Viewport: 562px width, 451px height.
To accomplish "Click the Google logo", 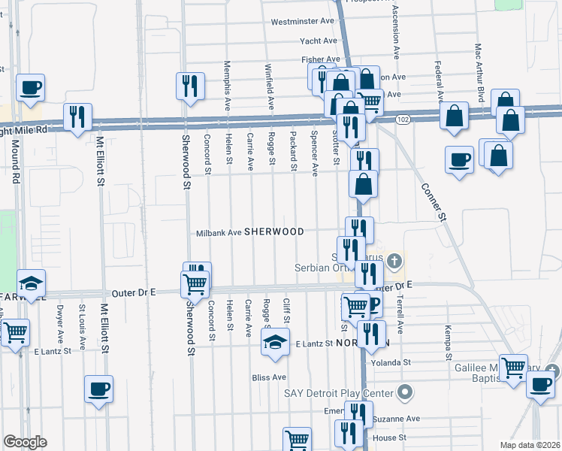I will (x=25, y=442).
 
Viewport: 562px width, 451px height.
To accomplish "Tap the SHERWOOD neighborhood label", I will (x=273, y=232).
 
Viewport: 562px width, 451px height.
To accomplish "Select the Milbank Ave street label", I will (x=219, y=233).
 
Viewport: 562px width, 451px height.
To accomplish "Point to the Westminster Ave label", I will (x=302, y=22).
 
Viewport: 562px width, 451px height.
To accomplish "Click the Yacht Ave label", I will (x=319, y=41).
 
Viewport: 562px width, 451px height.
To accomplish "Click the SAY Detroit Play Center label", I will (x=338, y=393).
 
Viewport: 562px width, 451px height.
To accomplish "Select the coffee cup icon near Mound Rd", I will (x=31, y=87).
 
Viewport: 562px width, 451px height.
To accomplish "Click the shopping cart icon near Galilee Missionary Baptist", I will (x=514, y=368).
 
